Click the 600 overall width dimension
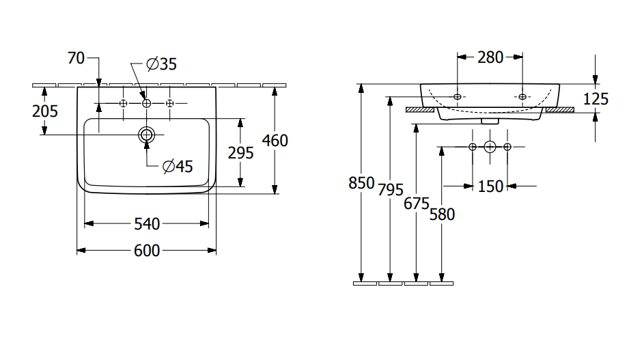(147, 251)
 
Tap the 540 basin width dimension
(147, 223)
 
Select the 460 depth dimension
(275, 141)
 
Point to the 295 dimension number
(240, 152)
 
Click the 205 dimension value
(45, 111)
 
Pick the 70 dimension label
(76, 58)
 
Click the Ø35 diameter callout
(161, 64)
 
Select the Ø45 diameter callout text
(178, 166)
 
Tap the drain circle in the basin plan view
(147, 135)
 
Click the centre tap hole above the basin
(147, 103)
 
